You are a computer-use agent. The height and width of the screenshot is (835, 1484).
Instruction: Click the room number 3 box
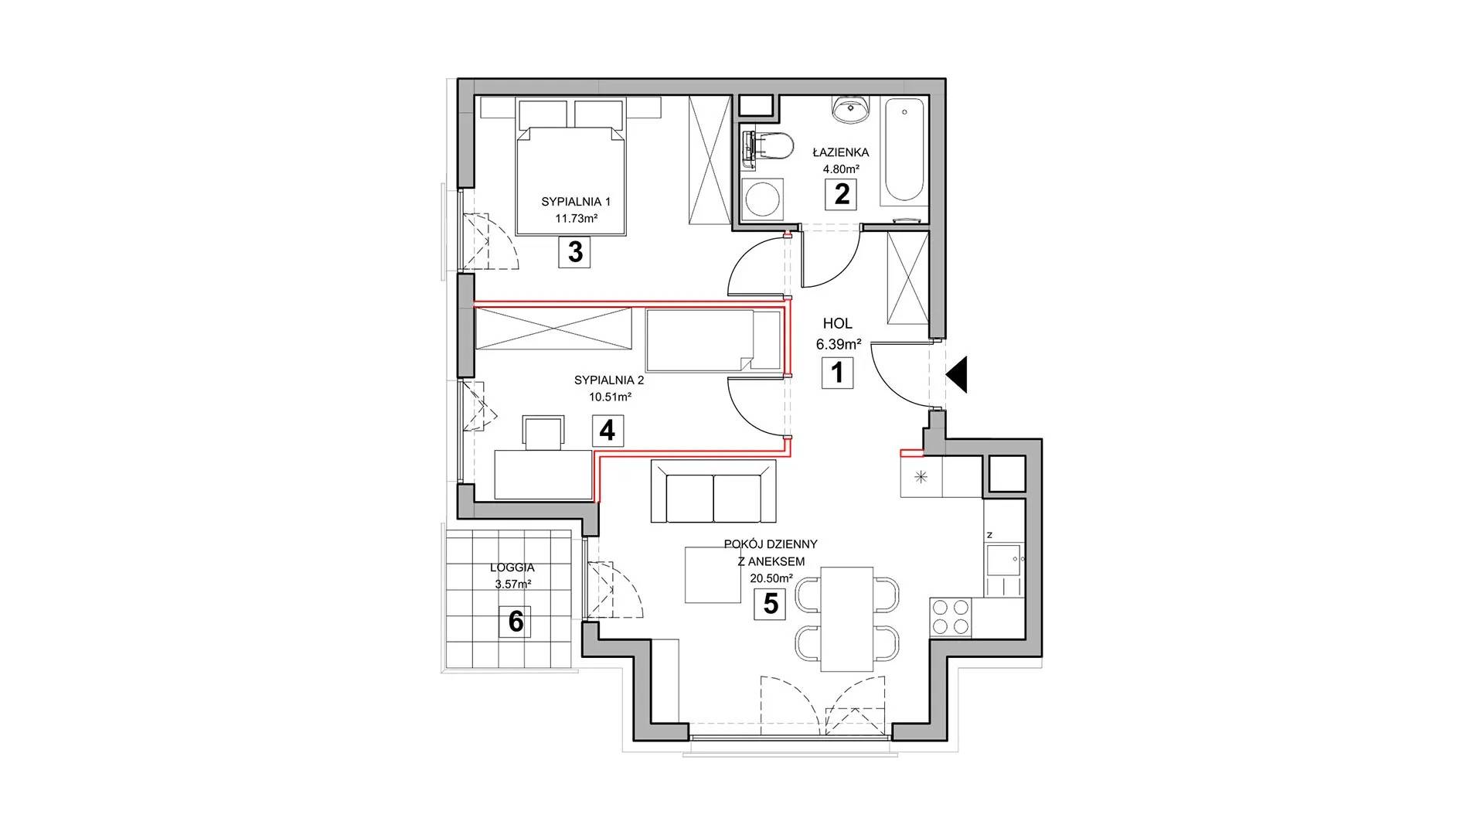point(574,252)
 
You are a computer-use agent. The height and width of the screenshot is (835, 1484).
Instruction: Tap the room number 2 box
point(842,193)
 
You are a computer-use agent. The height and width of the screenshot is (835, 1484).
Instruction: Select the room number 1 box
point(837,373)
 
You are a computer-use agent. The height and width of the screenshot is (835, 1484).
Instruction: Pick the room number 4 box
point(608,431)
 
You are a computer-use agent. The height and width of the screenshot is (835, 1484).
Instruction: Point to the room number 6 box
point(516,622)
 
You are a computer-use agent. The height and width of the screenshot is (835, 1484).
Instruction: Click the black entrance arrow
point(956,376)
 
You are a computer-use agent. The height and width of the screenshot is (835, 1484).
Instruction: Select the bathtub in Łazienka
point(904,150)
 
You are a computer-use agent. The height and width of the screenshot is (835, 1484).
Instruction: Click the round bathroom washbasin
point(853,109)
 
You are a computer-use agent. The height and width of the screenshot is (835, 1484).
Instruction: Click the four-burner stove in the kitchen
point(950,616)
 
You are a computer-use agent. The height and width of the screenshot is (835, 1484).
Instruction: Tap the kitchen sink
point(1003,561)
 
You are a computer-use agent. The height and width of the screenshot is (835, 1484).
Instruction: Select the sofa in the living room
point(713,492)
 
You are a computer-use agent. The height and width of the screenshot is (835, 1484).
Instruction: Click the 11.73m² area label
point(576,219)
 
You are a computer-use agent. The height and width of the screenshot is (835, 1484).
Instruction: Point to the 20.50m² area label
point(771,578)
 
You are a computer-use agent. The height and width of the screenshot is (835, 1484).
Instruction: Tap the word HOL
point(837,325)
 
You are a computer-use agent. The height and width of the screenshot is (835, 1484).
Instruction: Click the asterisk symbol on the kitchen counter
point(921,476)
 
